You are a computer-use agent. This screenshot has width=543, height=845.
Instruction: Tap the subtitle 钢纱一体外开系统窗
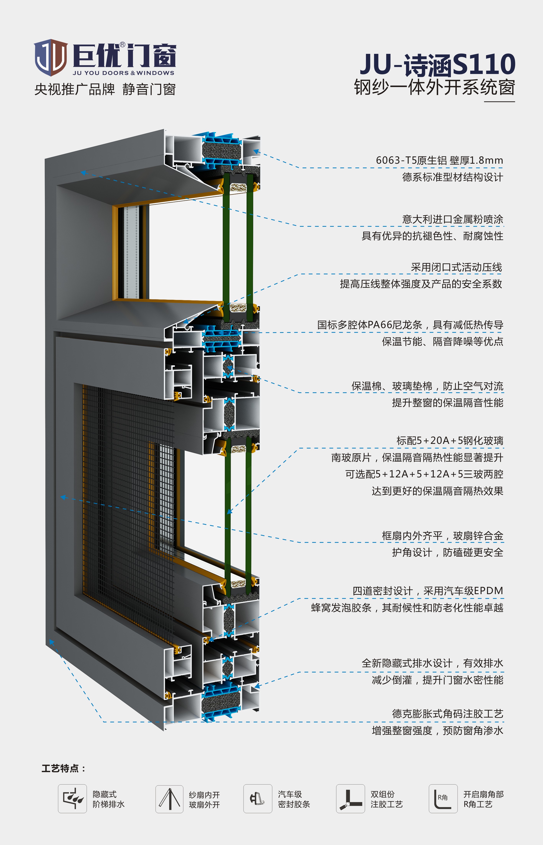(x=434, y=87)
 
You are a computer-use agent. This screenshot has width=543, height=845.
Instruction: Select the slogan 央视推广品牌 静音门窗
(x=105, y=89)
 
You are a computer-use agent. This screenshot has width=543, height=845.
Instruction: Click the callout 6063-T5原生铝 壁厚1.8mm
(x=439, y=160)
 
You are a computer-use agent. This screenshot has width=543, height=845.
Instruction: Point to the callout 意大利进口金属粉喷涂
(x=453, y=219)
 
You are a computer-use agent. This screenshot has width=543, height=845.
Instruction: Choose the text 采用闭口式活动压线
(x=456, y=267)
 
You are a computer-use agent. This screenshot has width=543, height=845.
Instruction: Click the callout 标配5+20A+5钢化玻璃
(x=450, y=440)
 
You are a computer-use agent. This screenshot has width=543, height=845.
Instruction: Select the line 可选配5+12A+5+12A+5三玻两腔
(x=424, y=474)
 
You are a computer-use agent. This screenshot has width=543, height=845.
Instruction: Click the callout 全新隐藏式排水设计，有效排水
(x=432, y=663)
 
